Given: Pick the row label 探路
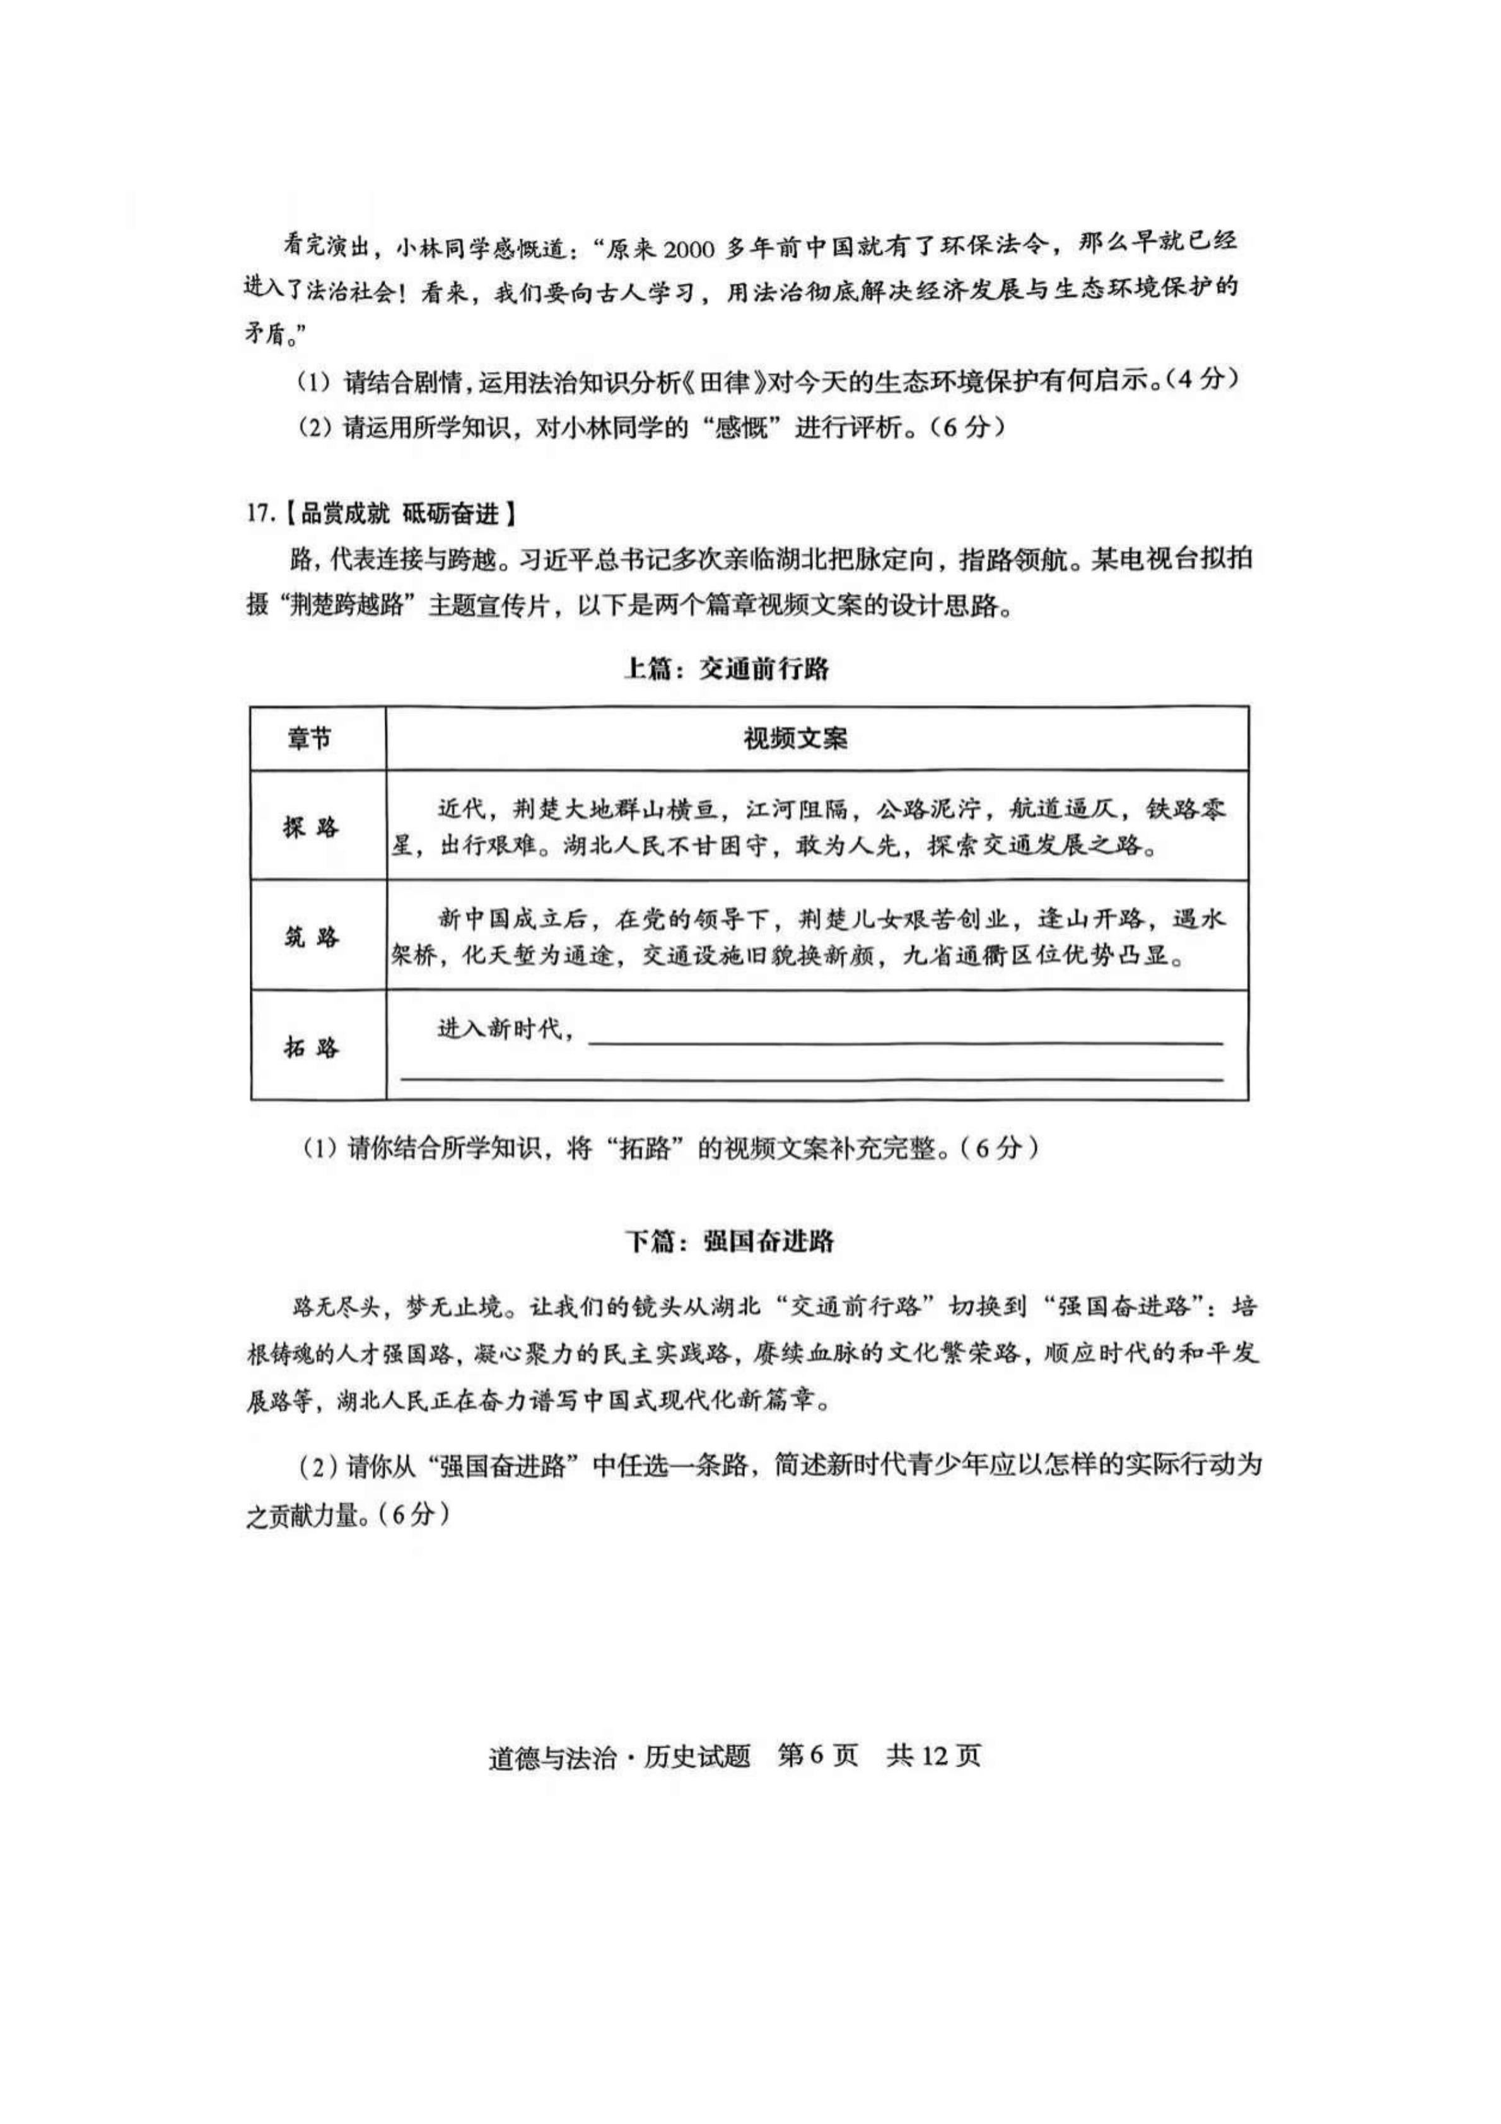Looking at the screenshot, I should tap(311, 826).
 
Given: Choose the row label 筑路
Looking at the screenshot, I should tap(311, 937).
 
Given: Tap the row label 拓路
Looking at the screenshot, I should tap(311, 1047).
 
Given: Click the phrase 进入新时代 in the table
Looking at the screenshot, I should tap(499, 1028).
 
